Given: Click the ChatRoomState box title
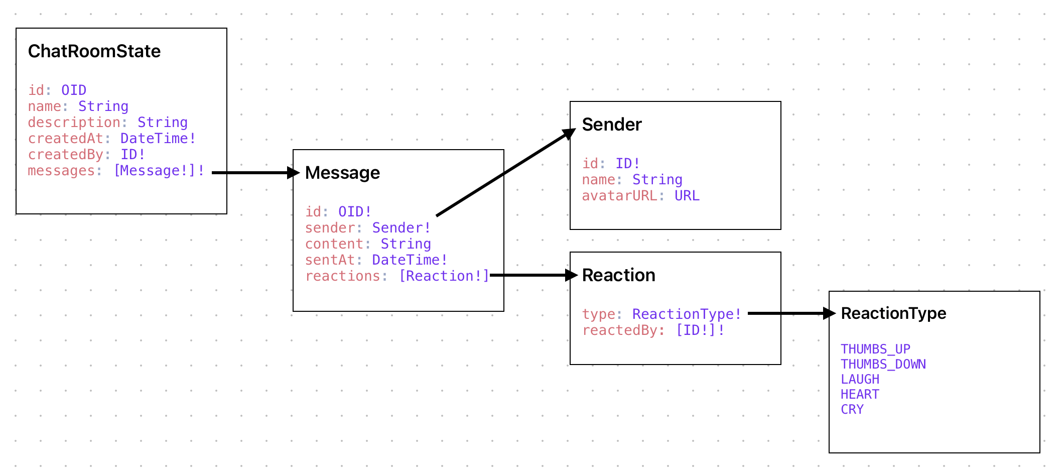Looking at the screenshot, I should click(x=94, y=51).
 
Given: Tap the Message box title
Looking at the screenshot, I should click(x=342, y=173).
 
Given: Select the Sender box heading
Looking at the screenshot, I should click(x=612, y=125).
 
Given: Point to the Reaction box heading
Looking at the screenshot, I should click(x=618, y=275).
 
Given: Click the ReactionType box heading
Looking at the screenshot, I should click(x=893, y=313).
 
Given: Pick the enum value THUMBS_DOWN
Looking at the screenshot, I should click(x=883, y=364).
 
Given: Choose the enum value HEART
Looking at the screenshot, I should click(x=860, y=394).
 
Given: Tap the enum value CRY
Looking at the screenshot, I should click(x=852, y=409).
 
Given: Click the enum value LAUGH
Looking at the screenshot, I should click(x=860, y=379).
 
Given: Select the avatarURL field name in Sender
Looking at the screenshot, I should click(x=619, y=196).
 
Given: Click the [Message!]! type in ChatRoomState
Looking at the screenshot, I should click(x=159, y=171).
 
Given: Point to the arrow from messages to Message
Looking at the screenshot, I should click(x=253, y=173).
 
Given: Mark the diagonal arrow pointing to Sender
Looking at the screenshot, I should click(x=504, y=173).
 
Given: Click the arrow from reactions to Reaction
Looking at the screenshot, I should click(x=532, y=275).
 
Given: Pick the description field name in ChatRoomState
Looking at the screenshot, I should click(x=74, y=123).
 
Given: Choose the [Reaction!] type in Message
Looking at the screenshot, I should click(x=444, y=276).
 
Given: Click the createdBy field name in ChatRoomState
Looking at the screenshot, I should click(x=65, y=155).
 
